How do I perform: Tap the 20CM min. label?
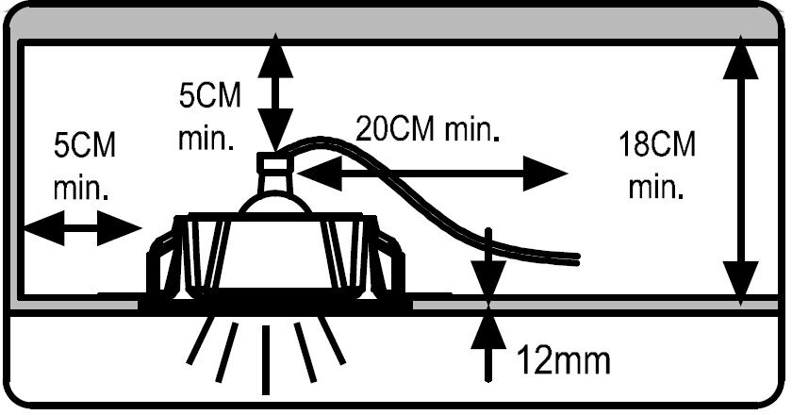[426, 128]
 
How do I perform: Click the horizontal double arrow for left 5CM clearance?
[83, 227]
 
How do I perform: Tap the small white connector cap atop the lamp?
[276, 163]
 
